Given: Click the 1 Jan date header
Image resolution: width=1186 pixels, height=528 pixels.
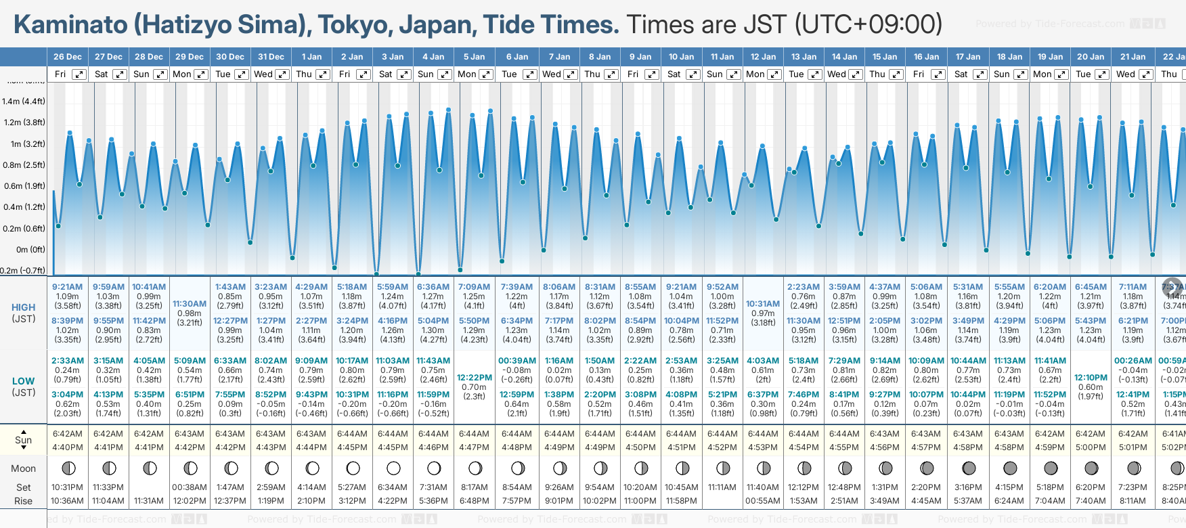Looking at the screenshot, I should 311,57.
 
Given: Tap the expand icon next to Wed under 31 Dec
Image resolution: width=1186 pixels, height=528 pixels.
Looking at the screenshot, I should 282,74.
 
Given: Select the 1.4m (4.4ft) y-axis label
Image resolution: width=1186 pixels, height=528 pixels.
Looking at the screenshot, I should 24,102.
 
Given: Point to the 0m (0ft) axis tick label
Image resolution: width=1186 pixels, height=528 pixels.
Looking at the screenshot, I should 30,249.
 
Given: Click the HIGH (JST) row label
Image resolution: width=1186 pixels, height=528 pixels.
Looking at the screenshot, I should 24,313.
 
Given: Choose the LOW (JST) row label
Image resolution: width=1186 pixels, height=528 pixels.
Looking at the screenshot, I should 24,387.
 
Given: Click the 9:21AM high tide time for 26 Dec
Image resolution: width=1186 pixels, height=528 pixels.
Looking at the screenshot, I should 67,287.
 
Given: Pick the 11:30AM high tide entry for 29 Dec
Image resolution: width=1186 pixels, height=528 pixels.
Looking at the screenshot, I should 190,304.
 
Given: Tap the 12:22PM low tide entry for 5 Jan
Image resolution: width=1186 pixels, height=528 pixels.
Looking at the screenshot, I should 474,378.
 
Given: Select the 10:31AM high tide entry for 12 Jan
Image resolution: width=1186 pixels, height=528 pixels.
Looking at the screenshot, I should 763,304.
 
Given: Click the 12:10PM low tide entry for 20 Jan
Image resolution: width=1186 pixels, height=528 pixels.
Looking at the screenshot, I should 1091,378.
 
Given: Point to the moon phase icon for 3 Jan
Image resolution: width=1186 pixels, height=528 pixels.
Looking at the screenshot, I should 393,468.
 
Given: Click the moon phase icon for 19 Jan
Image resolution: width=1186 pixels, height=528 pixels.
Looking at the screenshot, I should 1051,468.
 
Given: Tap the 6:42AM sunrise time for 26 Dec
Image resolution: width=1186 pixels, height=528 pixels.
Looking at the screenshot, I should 67,434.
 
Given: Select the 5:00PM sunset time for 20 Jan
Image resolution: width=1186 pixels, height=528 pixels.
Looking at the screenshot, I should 1091,447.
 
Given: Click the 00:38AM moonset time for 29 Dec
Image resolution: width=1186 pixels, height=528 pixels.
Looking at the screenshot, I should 190,487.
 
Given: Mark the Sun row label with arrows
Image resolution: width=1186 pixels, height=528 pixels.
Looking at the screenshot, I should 24,440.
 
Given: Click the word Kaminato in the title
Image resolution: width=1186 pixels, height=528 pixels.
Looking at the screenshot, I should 70,24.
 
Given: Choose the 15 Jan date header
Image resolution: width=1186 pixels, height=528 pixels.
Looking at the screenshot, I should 885,57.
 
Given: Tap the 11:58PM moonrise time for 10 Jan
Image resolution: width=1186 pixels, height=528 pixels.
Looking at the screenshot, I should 681,501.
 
